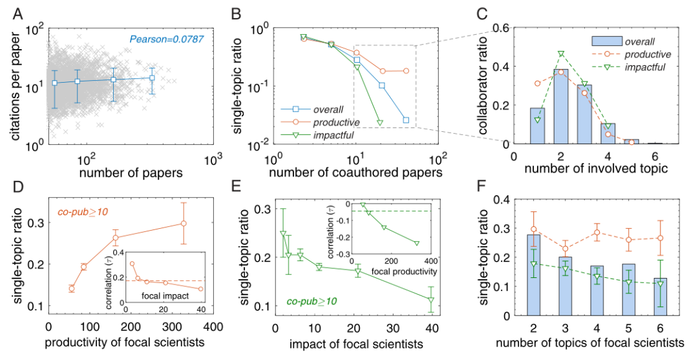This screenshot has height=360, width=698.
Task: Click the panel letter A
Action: click(x=14, y=12)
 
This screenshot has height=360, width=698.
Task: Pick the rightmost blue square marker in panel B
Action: click(x=406, y=120)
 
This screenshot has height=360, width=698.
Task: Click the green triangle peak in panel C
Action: click(x=561, y=54)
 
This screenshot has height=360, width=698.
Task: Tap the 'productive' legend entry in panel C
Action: click(x=647, y=54)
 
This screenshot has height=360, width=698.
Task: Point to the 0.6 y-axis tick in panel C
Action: click(x=503, y=28)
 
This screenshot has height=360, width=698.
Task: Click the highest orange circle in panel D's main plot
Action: click(x=184, y=223)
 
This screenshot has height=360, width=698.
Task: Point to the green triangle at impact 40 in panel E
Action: click(x=430, y=300)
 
